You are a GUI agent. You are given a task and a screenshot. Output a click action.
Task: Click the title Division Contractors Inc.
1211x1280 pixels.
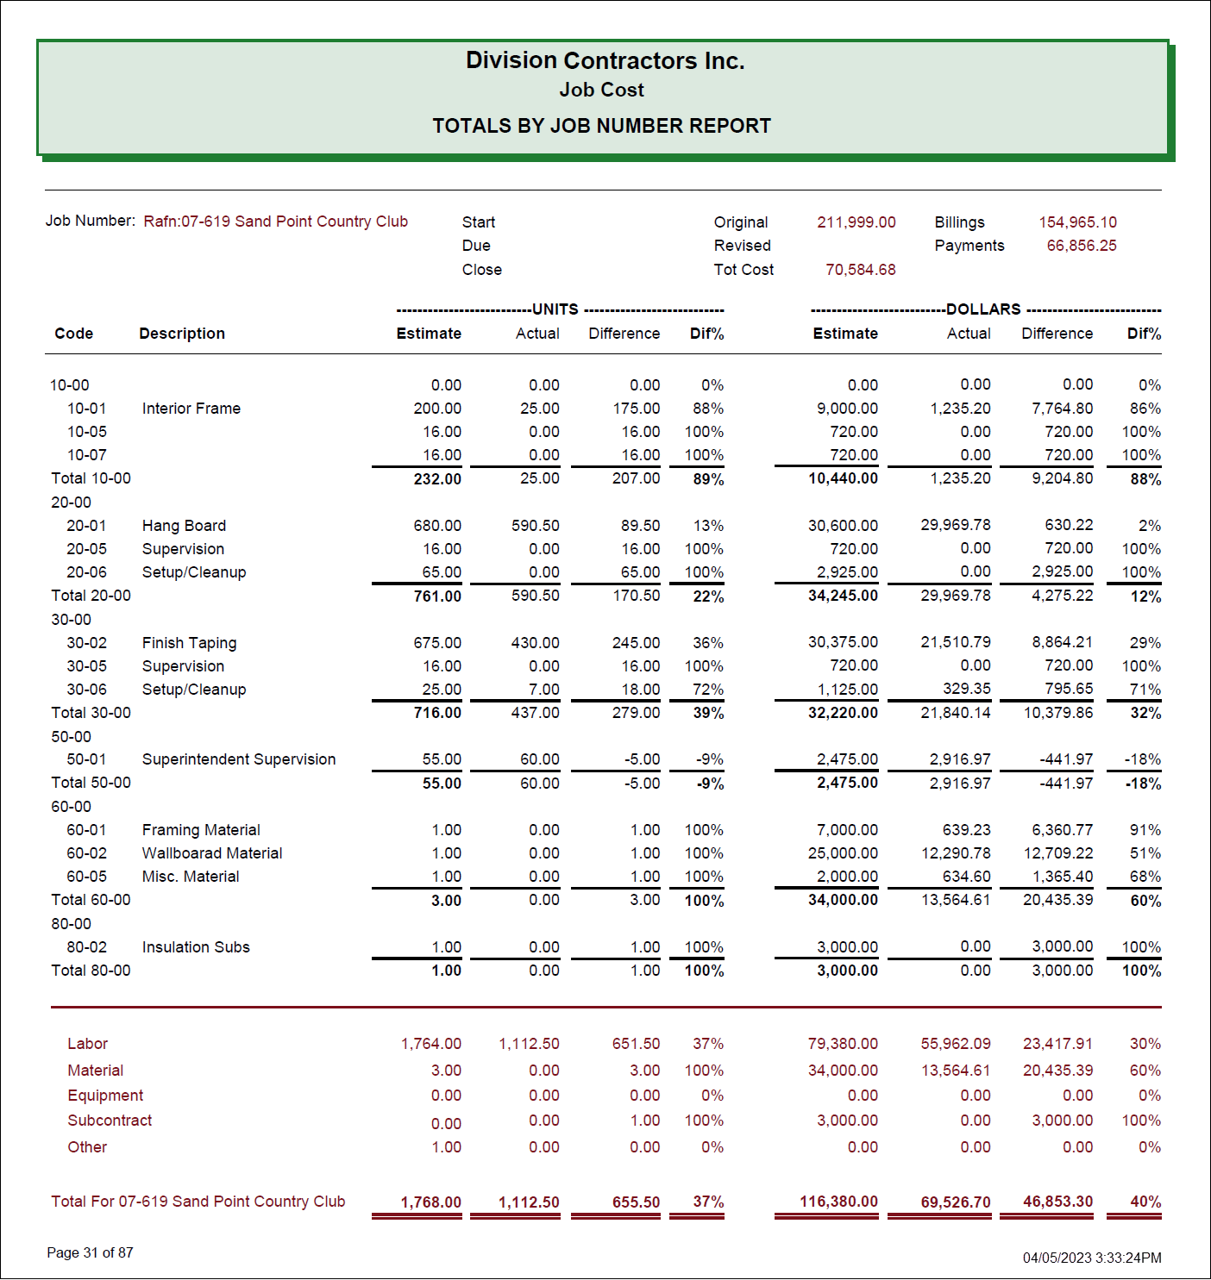coord(605,60)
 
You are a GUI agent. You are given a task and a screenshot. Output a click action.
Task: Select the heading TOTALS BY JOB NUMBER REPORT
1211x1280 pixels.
coord(601,126)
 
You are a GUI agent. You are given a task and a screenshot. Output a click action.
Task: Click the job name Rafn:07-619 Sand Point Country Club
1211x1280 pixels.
coord(275,222)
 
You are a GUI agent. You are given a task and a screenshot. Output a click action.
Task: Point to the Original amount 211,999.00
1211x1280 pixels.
coord(856,222)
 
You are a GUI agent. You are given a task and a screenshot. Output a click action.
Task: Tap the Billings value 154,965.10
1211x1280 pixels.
coord(1077,222)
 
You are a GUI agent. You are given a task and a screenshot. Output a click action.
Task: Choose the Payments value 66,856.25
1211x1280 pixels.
coord(1081,246)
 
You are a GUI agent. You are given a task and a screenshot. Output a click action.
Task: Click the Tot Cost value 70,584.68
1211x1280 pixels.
coord(860,270)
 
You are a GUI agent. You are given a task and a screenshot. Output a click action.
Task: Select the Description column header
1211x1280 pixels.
coord(182,334)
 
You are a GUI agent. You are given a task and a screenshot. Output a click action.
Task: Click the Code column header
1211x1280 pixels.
coord(74,334)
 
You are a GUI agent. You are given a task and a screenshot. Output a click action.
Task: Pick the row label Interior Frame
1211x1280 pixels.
coord(191,409)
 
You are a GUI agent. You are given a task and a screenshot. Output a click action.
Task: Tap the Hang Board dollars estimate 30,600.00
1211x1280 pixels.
coord(843,526)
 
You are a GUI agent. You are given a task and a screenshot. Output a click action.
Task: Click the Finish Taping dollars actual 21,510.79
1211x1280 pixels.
coord(955,642)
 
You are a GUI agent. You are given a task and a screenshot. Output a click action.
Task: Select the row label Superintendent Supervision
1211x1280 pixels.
coord(239,759)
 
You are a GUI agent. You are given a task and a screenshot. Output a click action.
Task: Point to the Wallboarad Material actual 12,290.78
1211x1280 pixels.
coord(955,853)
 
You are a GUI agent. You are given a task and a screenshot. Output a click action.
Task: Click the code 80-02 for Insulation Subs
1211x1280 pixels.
coord(87,947)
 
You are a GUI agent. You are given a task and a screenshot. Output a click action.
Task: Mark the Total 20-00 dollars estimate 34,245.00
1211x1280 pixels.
coord(843,596)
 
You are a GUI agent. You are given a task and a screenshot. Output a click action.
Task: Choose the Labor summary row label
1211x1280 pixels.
coord(88,1044)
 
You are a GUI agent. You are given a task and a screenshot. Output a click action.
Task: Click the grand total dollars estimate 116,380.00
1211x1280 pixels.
coord(838,1202)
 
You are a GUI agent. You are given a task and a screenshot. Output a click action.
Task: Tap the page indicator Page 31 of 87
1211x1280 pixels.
coord(90,1252)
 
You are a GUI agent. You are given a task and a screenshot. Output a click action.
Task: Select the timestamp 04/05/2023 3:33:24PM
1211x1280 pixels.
coord(1092,1258)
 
